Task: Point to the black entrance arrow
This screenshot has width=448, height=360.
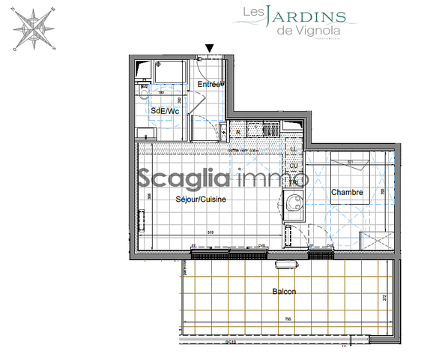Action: click(x=210, y=49)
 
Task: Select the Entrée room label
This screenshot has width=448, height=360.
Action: click(x=211, y=84)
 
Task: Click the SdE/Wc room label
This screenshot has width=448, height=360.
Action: click(x=165, y=111)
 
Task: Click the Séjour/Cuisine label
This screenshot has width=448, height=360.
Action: click(x=201, y=199)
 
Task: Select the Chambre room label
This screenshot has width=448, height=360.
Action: click(x=347, y=193)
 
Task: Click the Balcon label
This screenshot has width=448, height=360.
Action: click(x=284, y=291)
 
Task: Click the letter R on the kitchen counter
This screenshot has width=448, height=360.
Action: click(x=238, y=132)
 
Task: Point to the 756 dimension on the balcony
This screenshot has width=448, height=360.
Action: click(x=288, y=319)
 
